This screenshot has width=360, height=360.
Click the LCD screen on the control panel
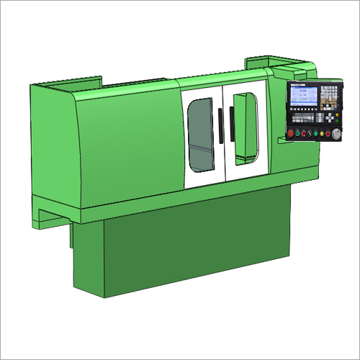pyautogui.click(x=304, y=96)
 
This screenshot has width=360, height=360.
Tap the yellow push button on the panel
pyautogui.click(x=322, y=133)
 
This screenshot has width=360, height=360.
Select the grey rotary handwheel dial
pyautogui.click(x=336, y=134)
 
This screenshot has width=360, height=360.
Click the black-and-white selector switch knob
pyautogui.click(x=310, y=133)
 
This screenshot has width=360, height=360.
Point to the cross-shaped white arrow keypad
pyautogui.click(x=330, y=118)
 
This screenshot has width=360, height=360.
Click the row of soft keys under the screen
pyautogui.click(x=304, y=109)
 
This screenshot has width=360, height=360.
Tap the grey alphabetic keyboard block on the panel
pyautogui.click(x=303, y=118)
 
